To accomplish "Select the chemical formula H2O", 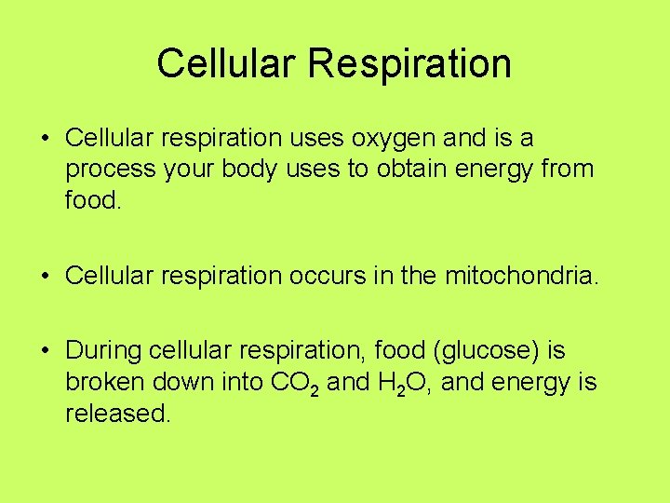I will click(x=405, y=384).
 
